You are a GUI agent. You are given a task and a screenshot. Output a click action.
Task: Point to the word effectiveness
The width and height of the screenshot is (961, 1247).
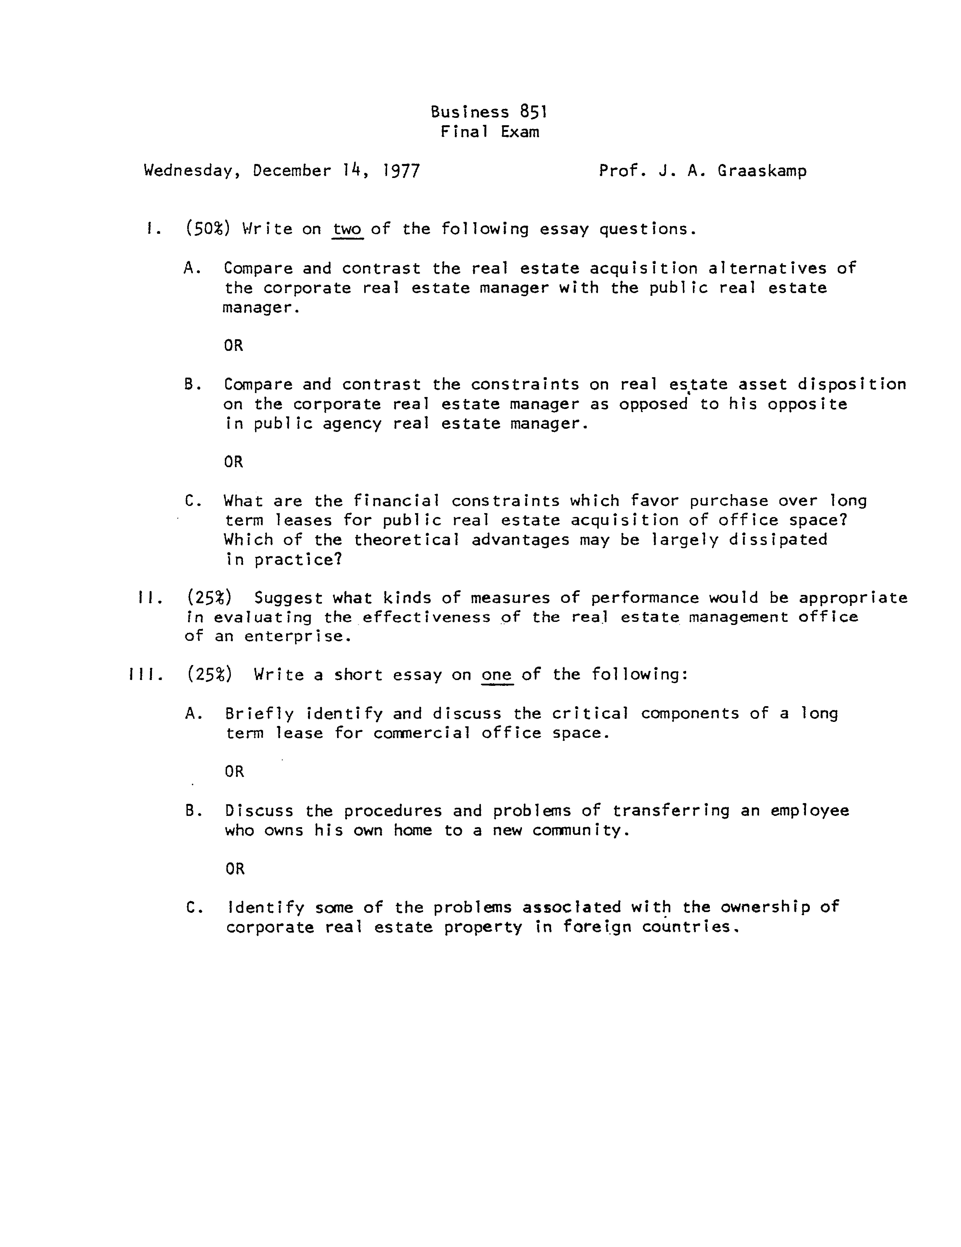[426, 617]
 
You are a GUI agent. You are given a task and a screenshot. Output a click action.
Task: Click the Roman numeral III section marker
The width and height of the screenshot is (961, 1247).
[146, 675]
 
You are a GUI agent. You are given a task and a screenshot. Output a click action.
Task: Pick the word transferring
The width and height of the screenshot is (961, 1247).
[671, 811]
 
